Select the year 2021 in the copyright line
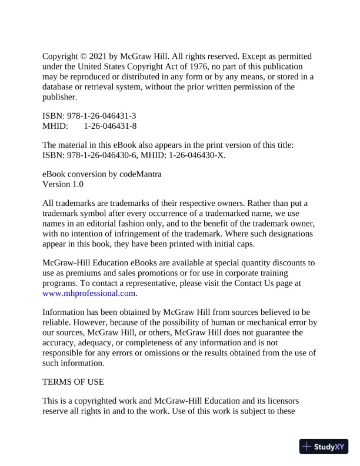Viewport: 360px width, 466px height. (98, 56)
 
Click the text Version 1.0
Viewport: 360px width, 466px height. (63, 184)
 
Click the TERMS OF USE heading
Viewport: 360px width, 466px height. (73, 382)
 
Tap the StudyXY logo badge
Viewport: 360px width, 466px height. (324, 447)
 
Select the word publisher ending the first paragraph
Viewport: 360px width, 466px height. (59, 96)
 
